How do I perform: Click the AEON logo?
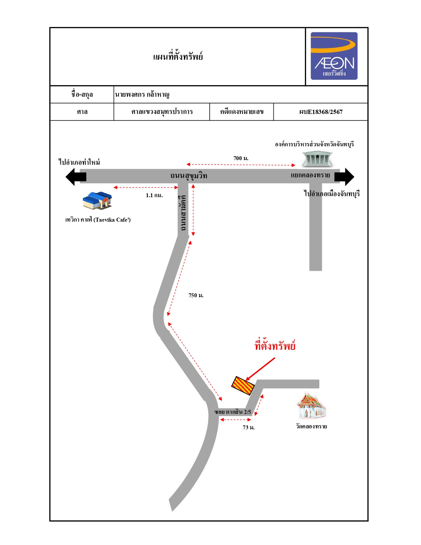click(x=334, y=56)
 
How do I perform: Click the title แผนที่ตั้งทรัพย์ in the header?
click(x=178, y=56)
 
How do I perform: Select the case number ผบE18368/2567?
click(x=321, y=112)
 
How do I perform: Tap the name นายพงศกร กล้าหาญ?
click(x=142, y=94)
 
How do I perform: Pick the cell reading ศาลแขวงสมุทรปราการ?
click(x=162, y=112)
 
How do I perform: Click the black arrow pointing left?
click(x=76, y=177)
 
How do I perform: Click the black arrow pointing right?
click(x=344, y=177)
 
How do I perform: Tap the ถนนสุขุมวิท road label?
click(x=189, y=176)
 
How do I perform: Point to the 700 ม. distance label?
click(x=241, y=158)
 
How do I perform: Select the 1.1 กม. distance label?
click(x=154, y=195)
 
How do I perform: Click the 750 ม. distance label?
click(x=196, y=295)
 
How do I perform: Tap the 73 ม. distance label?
click(x=249, y=427)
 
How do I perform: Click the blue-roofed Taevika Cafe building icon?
click(x=97, y=200)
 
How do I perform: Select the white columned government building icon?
click(x=317, y=159)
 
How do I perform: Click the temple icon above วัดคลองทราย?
click(x=311, y=406)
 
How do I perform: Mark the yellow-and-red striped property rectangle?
click(x=243, y=385)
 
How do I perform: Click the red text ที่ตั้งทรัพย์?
click(x=275, y=345)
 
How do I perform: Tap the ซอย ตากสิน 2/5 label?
click(x=233, y=412)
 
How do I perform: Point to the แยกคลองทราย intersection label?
click(x=310, y=175)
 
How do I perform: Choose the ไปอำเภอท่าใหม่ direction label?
click(x=79, y=162)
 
